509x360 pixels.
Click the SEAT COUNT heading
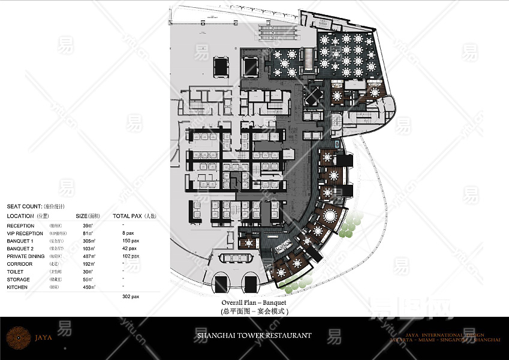[x=24, y=206]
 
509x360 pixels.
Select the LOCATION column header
[x=20, y=216]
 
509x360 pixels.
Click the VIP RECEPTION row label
[x=25, y=233]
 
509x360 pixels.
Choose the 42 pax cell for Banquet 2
[x=129, y=248]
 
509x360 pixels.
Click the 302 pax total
[x=130, y=296]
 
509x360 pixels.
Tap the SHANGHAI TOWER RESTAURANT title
[x=254, y=335]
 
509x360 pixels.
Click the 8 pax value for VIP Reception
[x=127, y=233]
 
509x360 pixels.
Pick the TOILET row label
[x=16, y=272]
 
